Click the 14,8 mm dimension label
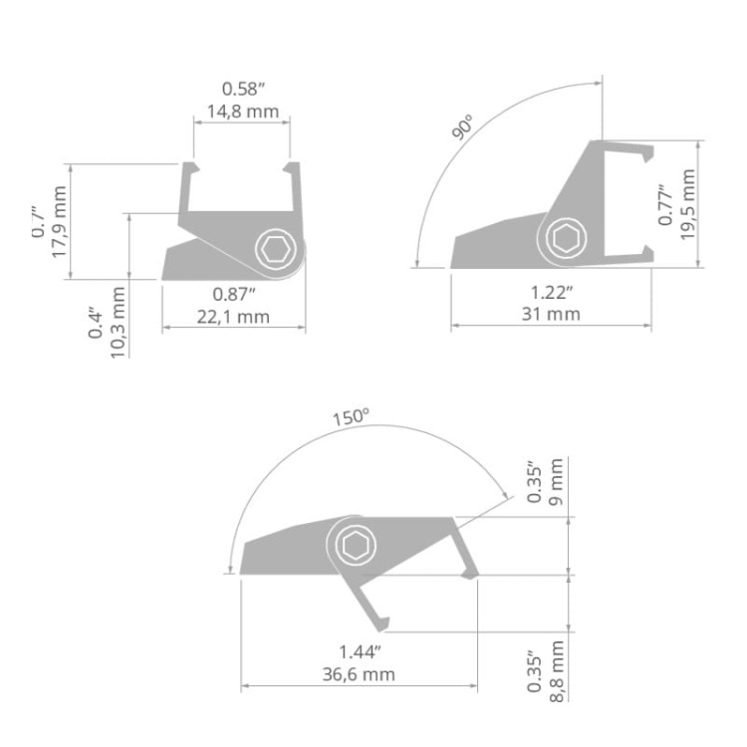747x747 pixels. point(241,111)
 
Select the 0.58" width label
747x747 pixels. point(241,88)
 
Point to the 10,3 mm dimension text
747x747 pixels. point(118,322)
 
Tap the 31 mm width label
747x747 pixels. point(551,315)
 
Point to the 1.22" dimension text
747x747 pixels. point(551,292)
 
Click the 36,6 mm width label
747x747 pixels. point(359,674)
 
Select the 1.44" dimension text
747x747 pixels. point(359,651)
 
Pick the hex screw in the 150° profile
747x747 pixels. point(354,545)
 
